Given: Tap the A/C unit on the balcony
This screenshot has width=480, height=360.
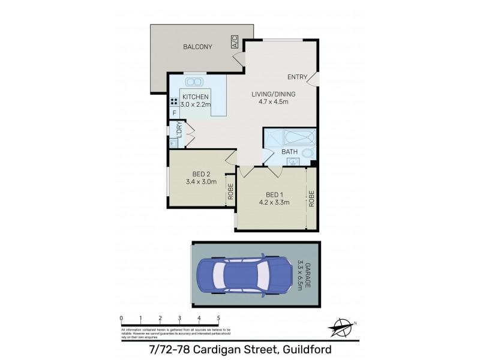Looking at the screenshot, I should [x=234, y=42].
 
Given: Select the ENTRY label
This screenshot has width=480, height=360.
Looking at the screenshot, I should [x=297, y=77].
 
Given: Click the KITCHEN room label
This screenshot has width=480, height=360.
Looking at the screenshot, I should [x=196, y=97].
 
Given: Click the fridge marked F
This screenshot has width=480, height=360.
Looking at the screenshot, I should [x=175, y=113].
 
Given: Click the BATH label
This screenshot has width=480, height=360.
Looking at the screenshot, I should [x=290, y=152].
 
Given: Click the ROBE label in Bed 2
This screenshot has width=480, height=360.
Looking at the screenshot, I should [x=230, y=194].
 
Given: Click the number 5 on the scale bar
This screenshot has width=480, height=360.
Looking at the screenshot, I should [x=218, y=318].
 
